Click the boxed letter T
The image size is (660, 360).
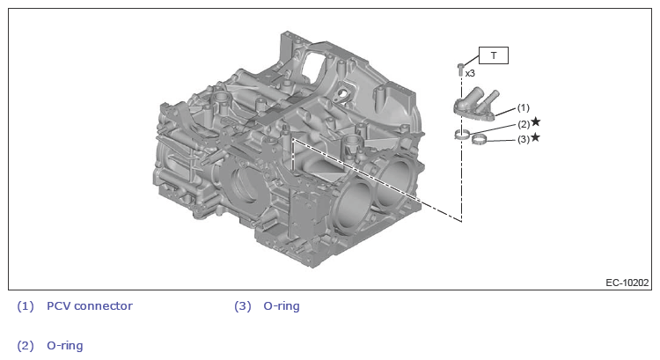coord(494,55)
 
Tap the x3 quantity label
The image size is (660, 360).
coord(470,73)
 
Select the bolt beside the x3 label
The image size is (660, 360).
coord(460,70)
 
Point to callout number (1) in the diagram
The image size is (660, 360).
coord(523,107)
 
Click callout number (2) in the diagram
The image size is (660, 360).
coord(524,124)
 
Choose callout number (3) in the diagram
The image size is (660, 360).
coord(524,139)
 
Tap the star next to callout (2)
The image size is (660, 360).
coord(535,121)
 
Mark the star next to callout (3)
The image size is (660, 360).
coord(535,137)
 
